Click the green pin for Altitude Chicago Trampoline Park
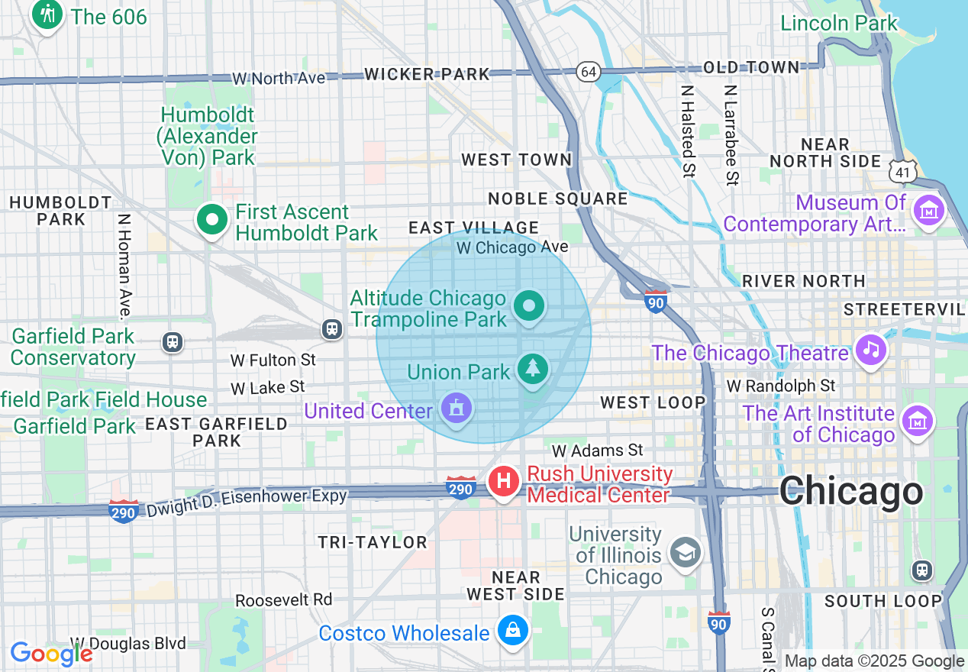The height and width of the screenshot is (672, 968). tap(529, 306)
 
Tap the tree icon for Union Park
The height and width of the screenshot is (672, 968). tap(532, 370)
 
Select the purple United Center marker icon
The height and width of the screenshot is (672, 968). tap(456, 409)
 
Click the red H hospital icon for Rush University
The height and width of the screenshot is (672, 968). tap(504, 482)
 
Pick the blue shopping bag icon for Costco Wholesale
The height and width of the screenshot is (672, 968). tap(513, 631)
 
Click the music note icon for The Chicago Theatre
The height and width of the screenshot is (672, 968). tap(871, 351)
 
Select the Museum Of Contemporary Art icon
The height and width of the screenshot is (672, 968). tap(929, 211)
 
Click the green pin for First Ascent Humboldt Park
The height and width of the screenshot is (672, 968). tap(212, 221)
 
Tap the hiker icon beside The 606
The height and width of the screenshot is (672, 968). tap(47, 15)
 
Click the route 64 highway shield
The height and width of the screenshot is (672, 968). tap(589, 71)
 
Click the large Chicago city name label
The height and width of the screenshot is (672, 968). tap(850, 491)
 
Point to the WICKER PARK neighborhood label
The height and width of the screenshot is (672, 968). tap(427, 74)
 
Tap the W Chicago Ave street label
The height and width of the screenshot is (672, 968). tap(512, 247)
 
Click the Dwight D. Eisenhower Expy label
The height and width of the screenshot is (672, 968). tap(247, 498)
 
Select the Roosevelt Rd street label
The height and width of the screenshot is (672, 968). tap(283, 599)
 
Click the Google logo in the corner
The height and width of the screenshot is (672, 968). tap(50, 654)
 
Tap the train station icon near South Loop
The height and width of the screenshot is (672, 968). tap(922, 570)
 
